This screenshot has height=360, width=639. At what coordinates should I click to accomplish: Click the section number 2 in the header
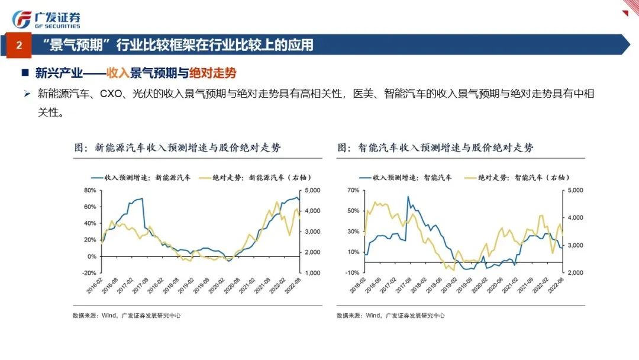19,45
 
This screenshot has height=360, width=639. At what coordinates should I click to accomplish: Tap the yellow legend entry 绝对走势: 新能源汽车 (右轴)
254,176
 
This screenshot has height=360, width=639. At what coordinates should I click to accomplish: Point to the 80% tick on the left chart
90,190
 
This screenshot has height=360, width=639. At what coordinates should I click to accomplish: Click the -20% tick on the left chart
89,273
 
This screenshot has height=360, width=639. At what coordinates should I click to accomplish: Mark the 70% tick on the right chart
353,190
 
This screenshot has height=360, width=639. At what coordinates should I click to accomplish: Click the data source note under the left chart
126,316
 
